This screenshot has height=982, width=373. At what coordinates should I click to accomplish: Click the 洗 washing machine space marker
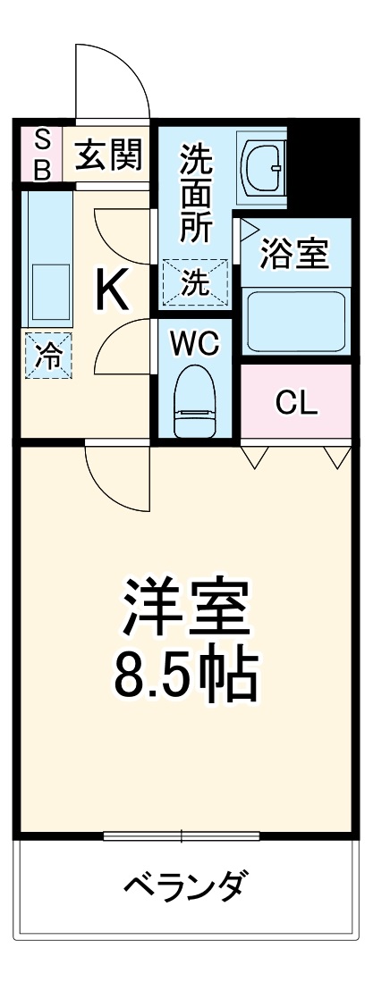(x=193, y=283)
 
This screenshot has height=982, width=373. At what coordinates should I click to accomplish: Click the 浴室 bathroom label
(x=294, y=253)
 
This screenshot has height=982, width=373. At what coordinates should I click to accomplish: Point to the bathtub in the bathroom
(x=294, y=319)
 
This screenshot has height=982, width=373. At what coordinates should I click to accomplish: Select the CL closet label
(x=296, y=403)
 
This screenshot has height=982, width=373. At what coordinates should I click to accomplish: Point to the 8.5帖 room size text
(x=186, y=676)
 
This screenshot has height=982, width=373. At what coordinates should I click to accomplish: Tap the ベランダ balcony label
(x=184, y=886)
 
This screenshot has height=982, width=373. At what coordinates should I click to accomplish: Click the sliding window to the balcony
(x=182, y=836)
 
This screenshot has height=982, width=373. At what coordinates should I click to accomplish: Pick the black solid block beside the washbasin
(x=318, y=165)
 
